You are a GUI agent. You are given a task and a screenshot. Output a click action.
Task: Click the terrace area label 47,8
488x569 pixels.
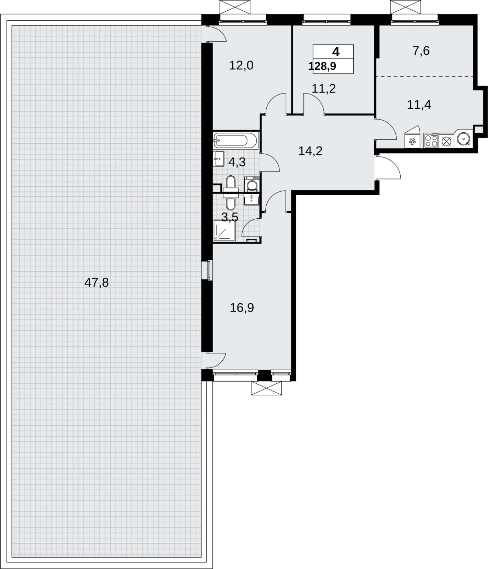(x=97, y=283)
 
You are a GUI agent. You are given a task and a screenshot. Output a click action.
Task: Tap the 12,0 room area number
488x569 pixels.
(x=241, y=65)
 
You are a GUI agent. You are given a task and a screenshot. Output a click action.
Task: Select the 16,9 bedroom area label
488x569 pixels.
(x=242, y=308)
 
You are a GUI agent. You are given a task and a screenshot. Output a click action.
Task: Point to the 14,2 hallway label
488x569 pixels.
(x=310, y=151)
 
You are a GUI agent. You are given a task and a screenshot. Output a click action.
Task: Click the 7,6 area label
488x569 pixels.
(x=421, y=51)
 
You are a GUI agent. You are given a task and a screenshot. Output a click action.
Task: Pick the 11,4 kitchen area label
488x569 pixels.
(x=419, y=105)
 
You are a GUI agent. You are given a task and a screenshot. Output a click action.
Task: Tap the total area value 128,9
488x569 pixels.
(x=322, y=66)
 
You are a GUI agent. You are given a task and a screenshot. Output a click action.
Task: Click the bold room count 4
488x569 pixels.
(x=336, y=52)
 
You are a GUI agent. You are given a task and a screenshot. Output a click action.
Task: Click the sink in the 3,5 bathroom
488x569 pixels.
(x=251, y=200)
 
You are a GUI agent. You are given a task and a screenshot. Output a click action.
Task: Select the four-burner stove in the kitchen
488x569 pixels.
(x=431, y=140)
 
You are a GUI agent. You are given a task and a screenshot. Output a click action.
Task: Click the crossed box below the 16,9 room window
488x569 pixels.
(x=266, y=388)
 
